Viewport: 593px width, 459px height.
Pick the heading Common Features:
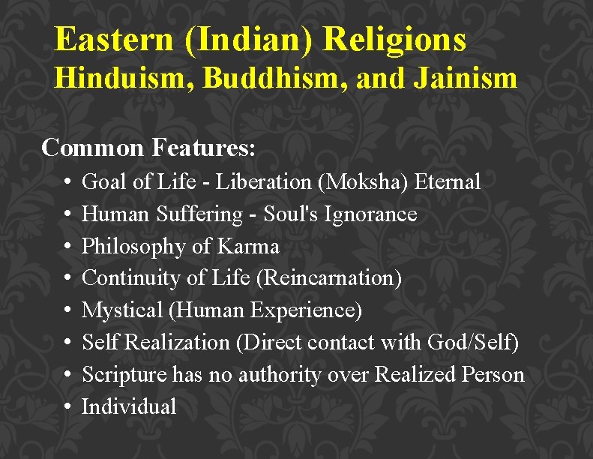(x=149, y=147)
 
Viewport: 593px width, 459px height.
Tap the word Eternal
(x=452, y=181)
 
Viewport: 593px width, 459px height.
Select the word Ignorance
(x=370, y=214)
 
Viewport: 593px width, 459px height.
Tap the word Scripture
(x=123, y=375)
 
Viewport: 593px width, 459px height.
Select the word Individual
(x=129, y=407)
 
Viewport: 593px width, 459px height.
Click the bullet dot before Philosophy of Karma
(x=68, y=247)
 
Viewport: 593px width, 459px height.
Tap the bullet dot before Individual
(x=68, y=408)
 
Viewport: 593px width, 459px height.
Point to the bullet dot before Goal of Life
(x=68, y=182)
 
